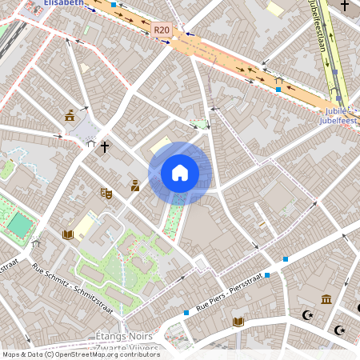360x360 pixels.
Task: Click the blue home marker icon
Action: click(180, 173)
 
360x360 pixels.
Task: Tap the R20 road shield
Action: click(161, 30)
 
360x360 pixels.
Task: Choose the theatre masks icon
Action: click(105, 192)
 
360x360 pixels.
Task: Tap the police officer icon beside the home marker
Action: click(134, 186)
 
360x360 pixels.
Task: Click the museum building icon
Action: click(326, 299)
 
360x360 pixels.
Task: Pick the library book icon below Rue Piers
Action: click(238, 322)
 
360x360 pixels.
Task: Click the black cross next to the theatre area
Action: click(104, 147)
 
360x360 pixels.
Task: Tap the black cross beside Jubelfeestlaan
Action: click(345, 6)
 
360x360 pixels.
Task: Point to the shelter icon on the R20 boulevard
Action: click(278, 79)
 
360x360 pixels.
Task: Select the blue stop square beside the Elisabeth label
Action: click(114, 5)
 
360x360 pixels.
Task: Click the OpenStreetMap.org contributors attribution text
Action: click(104, 354)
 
